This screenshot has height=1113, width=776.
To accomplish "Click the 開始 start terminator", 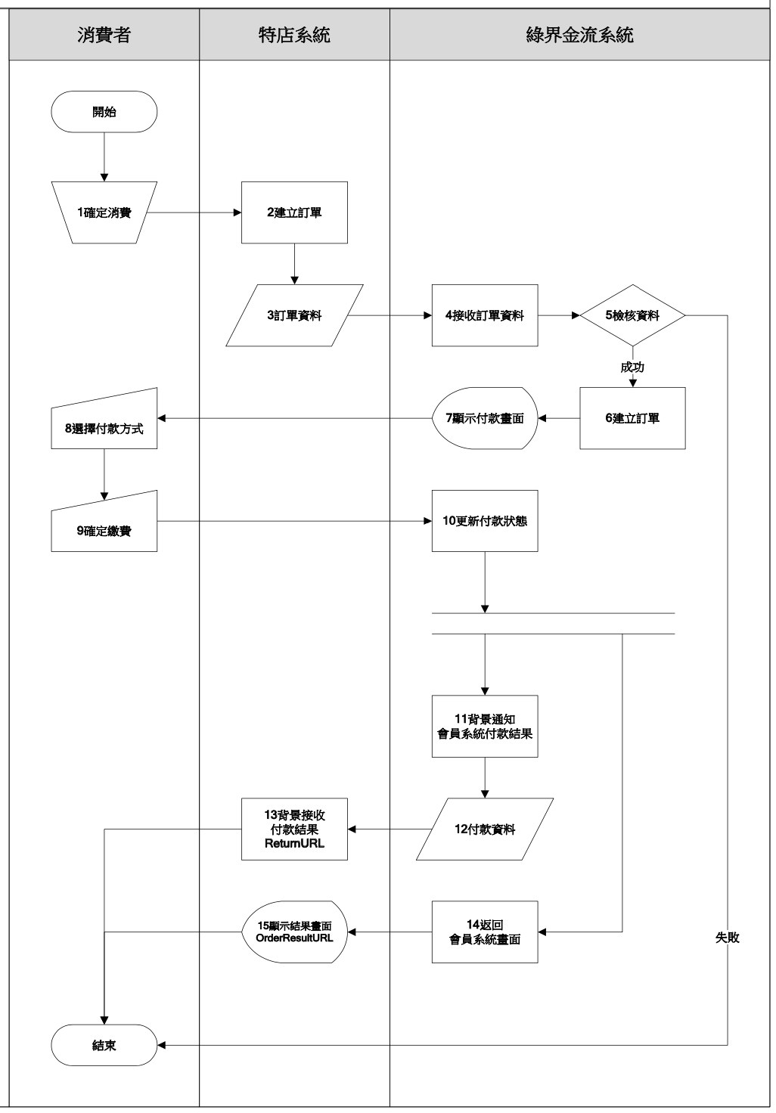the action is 104,112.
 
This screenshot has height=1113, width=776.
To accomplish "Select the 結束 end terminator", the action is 104,1045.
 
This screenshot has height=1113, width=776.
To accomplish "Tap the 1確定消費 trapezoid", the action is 104,212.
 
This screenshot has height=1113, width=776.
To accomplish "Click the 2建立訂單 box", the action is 294,212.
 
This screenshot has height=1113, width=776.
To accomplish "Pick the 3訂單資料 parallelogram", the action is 294,315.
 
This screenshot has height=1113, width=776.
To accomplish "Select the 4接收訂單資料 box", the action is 485,315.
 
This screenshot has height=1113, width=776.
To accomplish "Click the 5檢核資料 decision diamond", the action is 632,315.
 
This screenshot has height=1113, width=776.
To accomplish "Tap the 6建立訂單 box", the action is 632,418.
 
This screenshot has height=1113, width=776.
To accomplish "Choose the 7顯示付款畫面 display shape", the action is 485,418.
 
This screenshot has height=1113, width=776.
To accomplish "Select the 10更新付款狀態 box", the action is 485,521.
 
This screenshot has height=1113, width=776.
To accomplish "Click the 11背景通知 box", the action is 485,727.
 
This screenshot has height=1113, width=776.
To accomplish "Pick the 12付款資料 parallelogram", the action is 485,829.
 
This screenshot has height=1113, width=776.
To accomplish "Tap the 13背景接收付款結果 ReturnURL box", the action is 294,829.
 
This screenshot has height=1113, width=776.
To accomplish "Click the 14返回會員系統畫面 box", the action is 485,932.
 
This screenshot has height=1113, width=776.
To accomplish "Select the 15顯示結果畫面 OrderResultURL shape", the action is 294,932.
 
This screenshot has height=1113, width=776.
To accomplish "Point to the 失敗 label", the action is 728,938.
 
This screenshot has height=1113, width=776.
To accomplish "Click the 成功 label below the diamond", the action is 632,367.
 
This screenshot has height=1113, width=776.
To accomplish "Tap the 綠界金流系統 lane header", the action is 579,35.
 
